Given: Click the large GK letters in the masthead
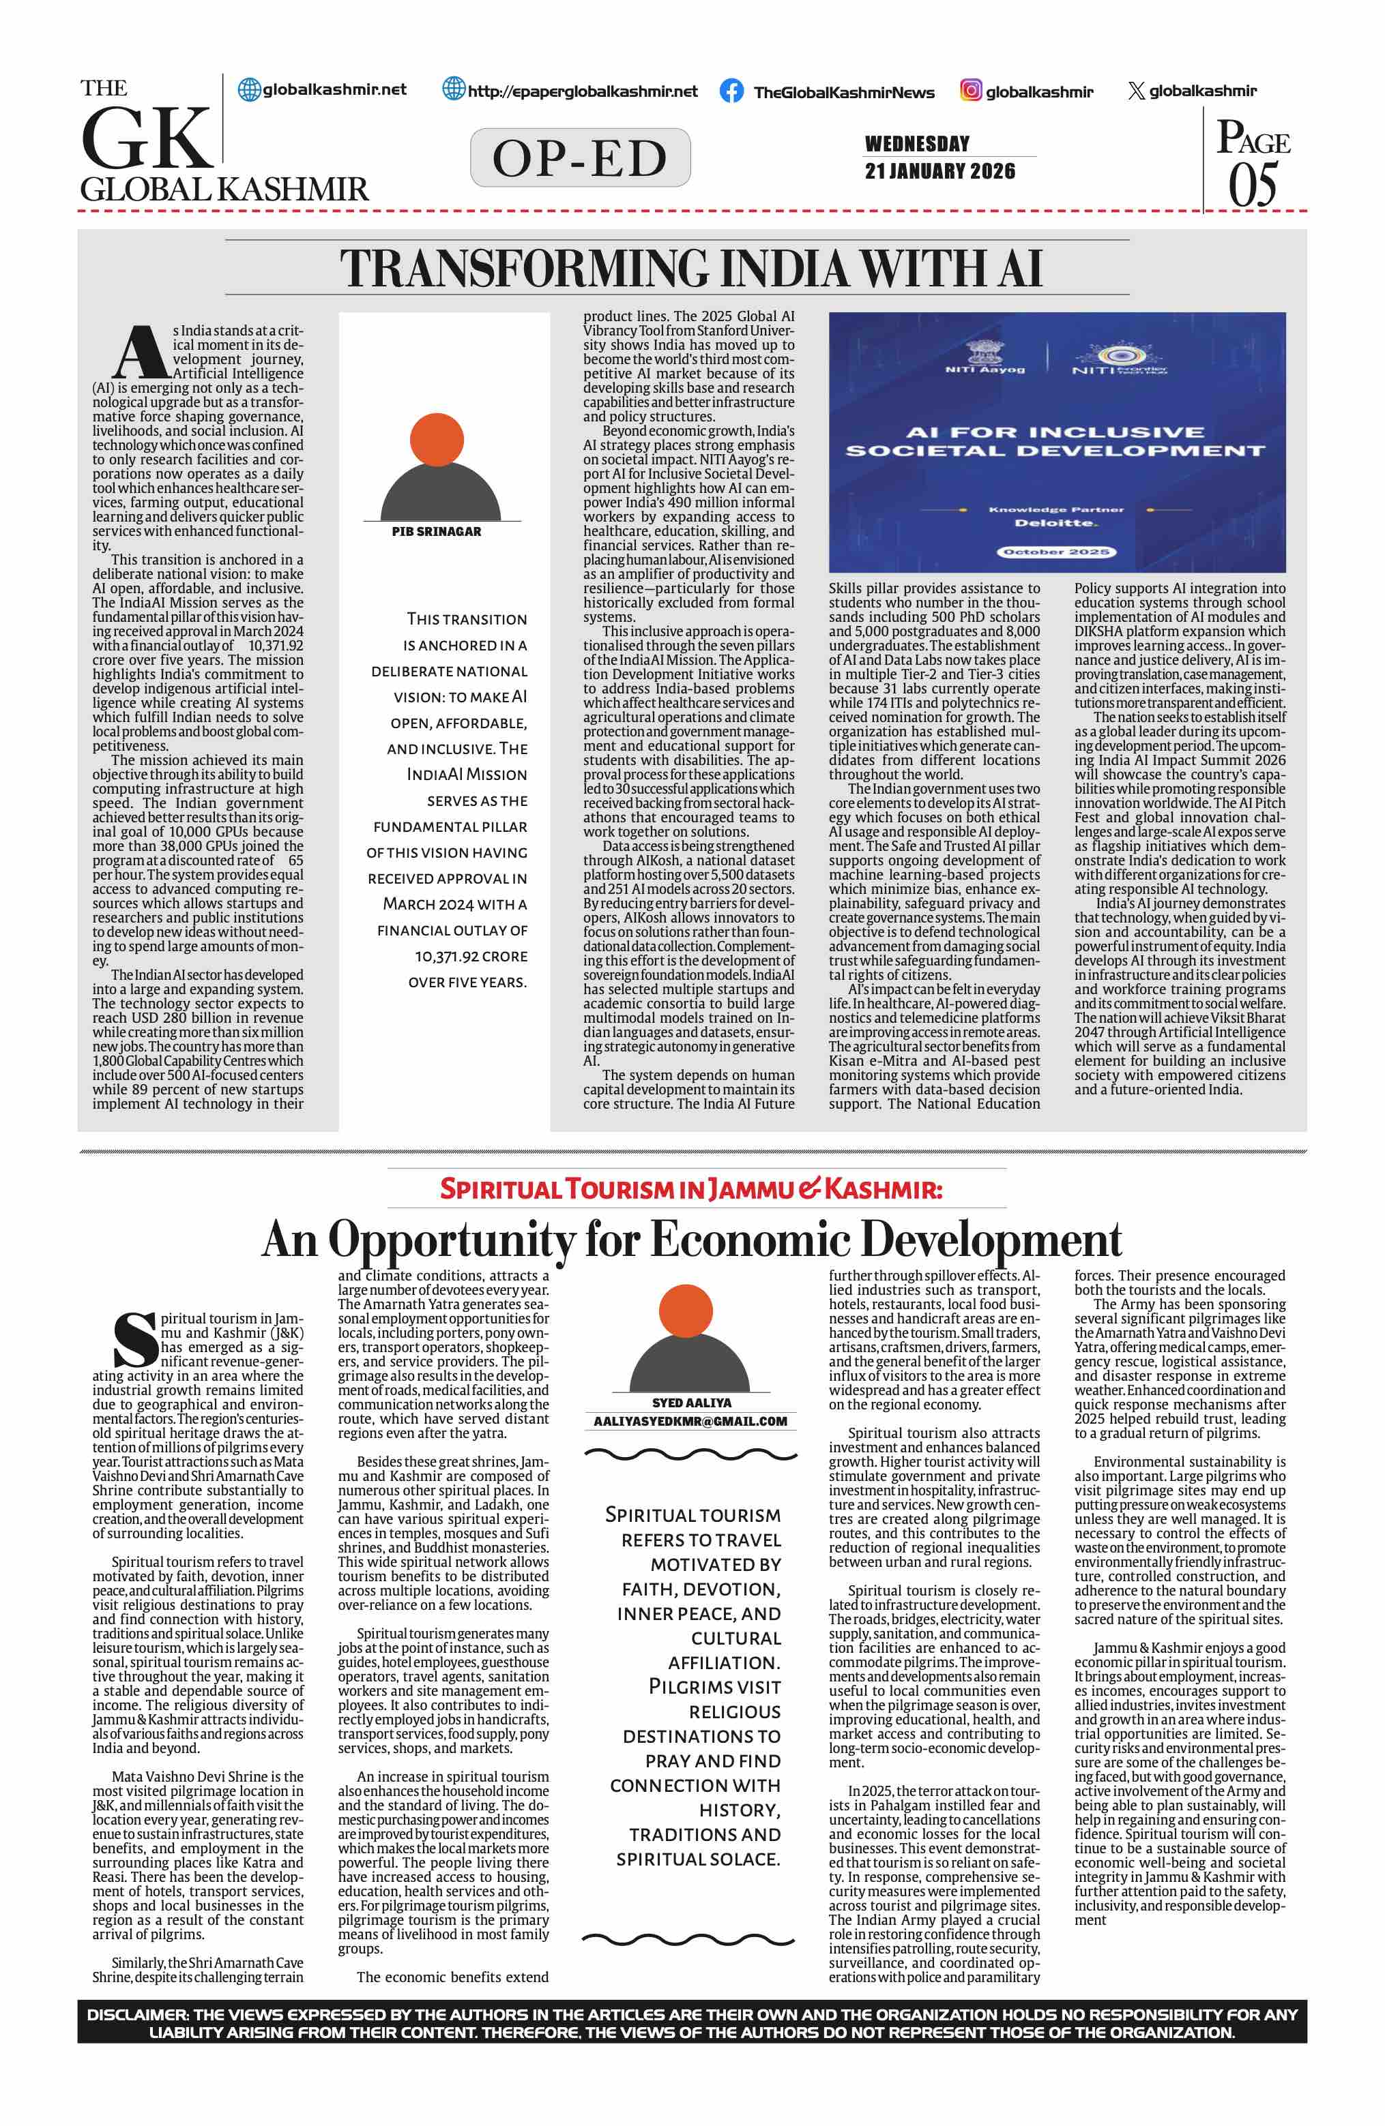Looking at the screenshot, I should click(147, 138).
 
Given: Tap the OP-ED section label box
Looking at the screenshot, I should click(580, 158).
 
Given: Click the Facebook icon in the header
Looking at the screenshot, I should click(731, 91).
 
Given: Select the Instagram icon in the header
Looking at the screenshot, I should click(970, 90).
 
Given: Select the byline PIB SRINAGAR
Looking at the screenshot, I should click(436, 532).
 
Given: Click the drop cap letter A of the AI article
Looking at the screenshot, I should click(139, 353).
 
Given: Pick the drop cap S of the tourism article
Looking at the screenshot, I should click(135, 1340).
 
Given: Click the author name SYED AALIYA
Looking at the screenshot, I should click(690, 1403).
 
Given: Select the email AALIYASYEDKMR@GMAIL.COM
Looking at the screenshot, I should click(690, 1421).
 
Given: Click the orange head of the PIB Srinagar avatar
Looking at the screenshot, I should click(437, 440).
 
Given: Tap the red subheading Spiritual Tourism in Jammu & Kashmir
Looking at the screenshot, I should click(690, 1190).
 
